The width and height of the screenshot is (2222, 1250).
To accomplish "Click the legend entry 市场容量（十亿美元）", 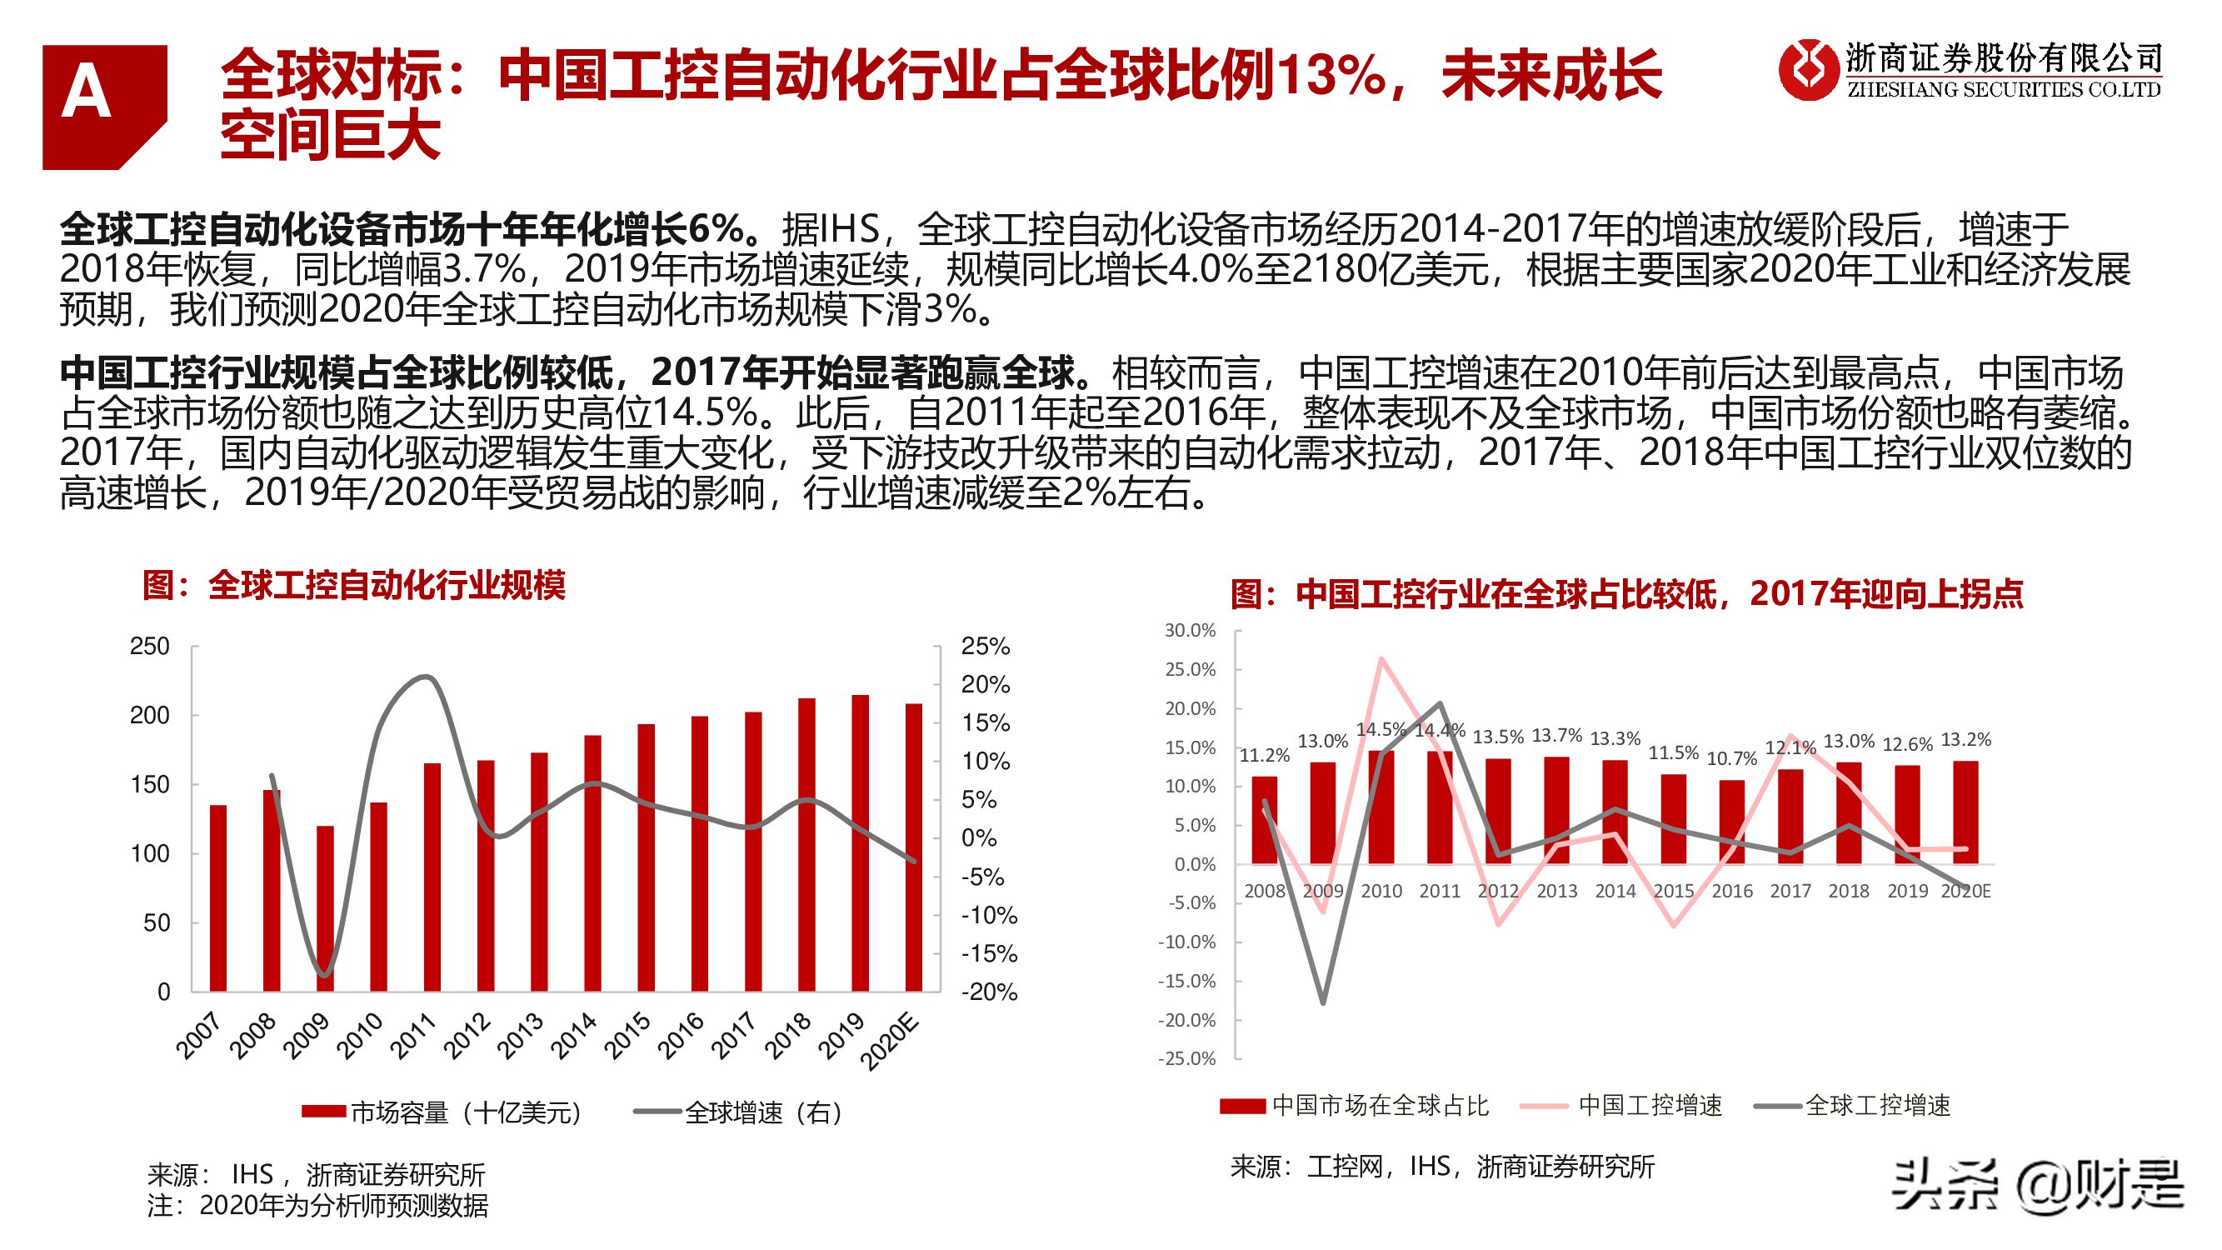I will coord(442,1112).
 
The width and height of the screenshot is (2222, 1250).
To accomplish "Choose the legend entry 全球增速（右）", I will coord(738,1112).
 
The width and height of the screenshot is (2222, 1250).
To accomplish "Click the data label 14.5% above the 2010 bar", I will coord(1381,730).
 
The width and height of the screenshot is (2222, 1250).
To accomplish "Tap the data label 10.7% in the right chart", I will coord(1730,758).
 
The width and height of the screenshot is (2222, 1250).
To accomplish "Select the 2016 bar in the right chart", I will coord(1731,822).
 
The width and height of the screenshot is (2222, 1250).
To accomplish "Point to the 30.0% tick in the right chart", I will coord(1190,631).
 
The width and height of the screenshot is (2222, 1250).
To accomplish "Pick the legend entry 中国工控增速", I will coord(1621,1105).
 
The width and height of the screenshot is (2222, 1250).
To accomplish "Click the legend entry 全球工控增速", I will coord(1853,1105).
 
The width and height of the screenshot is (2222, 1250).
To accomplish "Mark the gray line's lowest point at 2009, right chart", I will coord(1322,1002).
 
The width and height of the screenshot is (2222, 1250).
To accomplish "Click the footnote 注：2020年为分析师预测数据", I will coord(317,1205).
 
